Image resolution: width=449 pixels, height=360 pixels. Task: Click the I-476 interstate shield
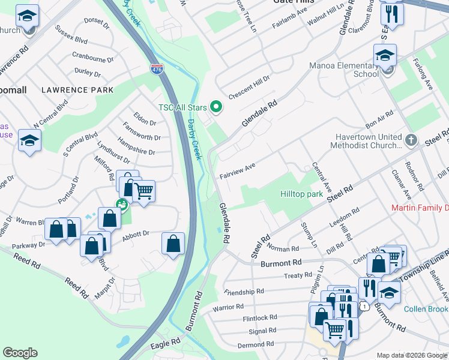click(x=157, y=70)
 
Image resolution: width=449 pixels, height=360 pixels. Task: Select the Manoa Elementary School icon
click(x=384, y=57)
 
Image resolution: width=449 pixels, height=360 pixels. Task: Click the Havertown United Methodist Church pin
click(x=411, y=140)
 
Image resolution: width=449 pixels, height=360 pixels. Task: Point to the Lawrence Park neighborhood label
click(x=77, y=90)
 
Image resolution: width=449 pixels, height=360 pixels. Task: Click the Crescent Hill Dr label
click(x=250, y=88)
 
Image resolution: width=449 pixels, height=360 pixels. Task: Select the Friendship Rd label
click(x=244, y=292)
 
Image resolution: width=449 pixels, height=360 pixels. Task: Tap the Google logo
click(x=20, y=353)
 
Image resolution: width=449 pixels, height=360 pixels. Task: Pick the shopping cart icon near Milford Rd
click(x=143, y=191)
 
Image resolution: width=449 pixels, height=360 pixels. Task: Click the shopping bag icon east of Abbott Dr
click(x=173, y=244)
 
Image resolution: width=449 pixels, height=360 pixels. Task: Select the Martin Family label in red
click(x=420, y=208)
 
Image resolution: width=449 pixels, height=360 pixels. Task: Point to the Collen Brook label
click(x=426, y=309)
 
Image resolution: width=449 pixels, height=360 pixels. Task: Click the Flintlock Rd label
click(x=259, y=317)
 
